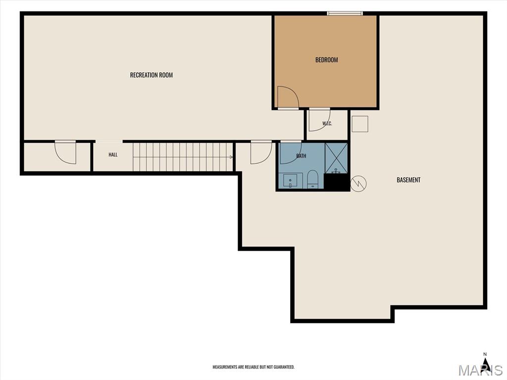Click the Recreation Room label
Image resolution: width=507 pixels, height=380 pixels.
(x=152, y=75)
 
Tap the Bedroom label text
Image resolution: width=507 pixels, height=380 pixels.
(x=327, y=60)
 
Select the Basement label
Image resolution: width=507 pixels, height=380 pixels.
(x=408, y=180)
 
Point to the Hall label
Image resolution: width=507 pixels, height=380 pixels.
(x=113, y=155)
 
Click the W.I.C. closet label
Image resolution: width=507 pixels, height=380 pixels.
(x=327, y=123)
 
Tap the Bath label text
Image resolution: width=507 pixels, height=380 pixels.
(x=301, y=156)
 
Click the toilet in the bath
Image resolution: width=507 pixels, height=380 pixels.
(x=313, y=179)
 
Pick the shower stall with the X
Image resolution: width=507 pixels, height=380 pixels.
(x=336, y=158)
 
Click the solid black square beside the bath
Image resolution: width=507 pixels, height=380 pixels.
(x=337, y=182)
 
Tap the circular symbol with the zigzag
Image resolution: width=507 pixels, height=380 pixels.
(x=358, y=184)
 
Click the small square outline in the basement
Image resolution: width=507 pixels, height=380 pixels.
(x=360, y=124)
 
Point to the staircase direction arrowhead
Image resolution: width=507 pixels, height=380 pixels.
(x=231, y=157)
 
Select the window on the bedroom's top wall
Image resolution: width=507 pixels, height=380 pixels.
(x=345, y=13)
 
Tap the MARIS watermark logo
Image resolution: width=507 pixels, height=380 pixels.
(x=480, y=369)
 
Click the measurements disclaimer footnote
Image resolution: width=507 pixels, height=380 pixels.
(x=253, y=367)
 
